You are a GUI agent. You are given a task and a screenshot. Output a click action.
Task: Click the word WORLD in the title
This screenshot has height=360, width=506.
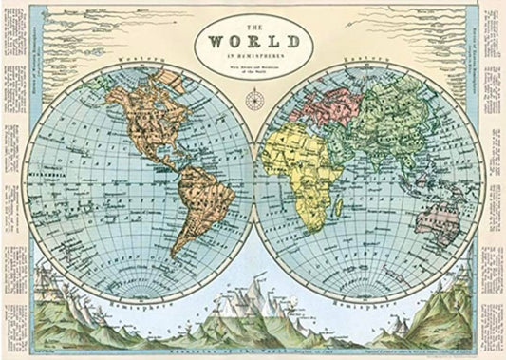tap(252, 43)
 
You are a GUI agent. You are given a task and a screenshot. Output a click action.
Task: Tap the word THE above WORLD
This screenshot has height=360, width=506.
tap(252, 26)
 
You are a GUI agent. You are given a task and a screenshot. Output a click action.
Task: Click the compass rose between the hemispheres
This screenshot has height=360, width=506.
tap(253, 100)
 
